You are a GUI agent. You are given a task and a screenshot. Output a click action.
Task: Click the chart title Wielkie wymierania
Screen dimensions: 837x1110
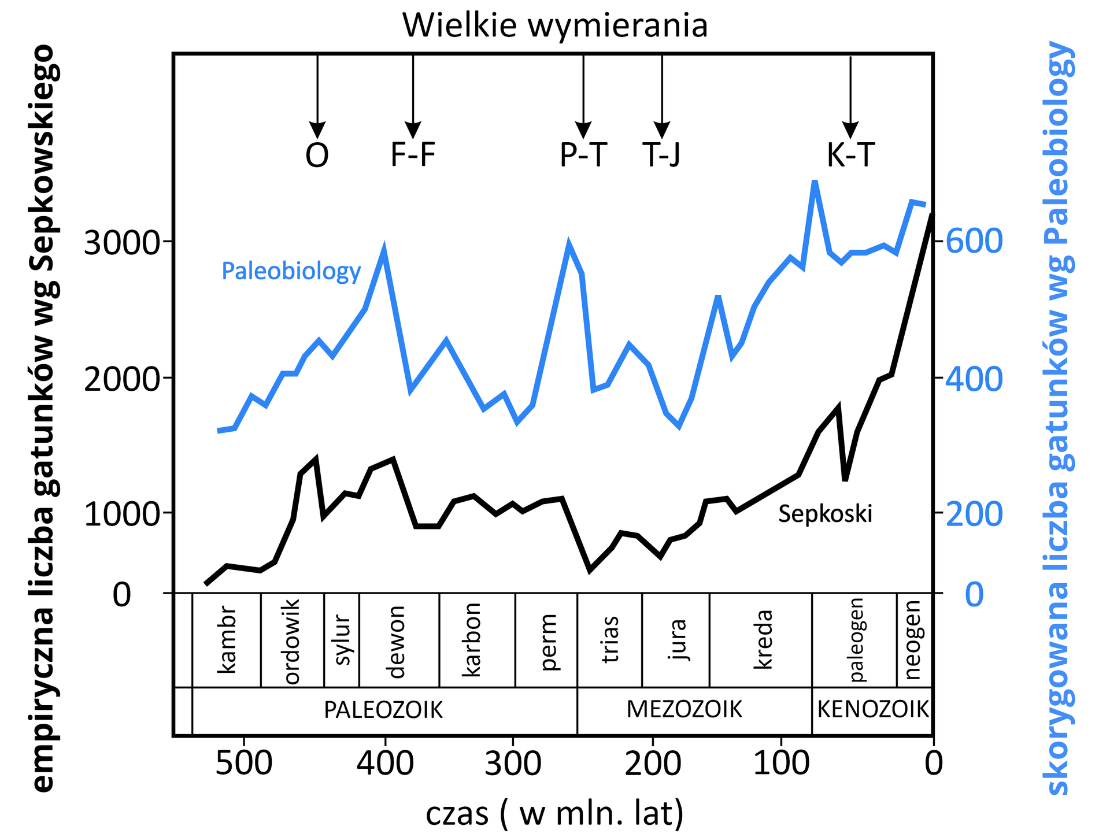[x=555, y=26]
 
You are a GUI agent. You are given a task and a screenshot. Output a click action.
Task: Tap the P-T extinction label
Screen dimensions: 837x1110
[x=583, y=155]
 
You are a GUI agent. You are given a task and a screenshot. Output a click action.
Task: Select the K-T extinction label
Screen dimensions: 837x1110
[x=850, y=155]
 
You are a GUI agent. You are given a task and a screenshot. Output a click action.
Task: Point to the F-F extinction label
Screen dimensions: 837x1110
[x=413, y=155]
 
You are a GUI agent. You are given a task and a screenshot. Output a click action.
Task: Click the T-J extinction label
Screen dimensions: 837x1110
[x=662, y=155]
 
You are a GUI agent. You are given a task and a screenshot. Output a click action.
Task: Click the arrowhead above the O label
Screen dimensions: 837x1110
[x=317, y=130]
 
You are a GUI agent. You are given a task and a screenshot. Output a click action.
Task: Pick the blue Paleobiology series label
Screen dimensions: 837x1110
[x=291, y=271]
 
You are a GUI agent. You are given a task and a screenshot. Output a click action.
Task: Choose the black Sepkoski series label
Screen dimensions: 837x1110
[x=825, y=513]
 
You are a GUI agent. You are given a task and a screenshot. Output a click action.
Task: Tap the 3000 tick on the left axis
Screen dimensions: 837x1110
[x=121, y=243]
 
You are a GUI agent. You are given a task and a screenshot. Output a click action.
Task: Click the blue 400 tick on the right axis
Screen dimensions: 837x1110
[x=974, y=379]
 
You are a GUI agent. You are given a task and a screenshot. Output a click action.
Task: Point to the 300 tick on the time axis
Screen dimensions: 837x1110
[x=513, y=763]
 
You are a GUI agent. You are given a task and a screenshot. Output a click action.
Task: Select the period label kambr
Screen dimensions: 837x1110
[x=226, y=639]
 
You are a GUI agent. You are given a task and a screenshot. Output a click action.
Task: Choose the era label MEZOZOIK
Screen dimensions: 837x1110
[x=684, y=709]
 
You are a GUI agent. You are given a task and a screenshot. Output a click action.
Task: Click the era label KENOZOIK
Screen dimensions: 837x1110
[x=872, y=709]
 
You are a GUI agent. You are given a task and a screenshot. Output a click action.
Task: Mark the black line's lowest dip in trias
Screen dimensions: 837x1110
[x=590, y=569]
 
